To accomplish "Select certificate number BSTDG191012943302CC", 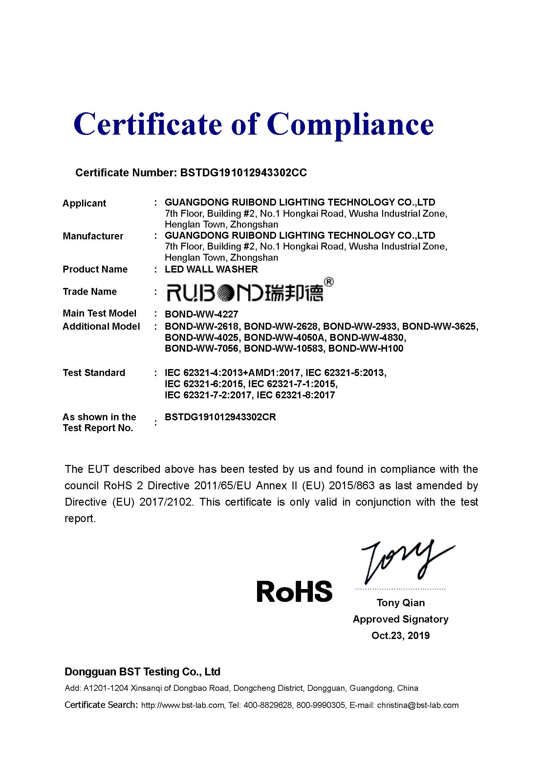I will tap(243, 173).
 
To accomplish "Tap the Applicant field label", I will tap(84, 203).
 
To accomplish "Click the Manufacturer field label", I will tap(93, 236).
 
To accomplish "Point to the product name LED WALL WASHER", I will tap(211, 269).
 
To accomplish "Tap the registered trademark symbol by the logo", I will tap(329, 283).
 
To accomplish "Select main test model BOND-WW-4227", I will tap(201, 314).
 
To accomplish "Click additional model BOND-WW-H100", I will tap(366, 349).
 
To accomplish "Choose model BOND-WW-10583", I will tap(284, 349).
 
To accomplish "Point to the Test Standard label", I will tap(94, 373).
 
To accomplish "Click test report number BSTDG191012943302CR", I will tap(220, 417).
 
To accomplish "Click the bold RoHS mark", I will tap(294, 591).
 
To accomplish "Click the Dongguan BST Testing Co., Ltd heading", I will tap(142, 672).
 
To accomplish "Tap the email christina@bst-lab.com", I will tap(418, 705).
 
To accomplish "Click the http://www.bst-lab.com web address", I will tap(183, 705).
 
